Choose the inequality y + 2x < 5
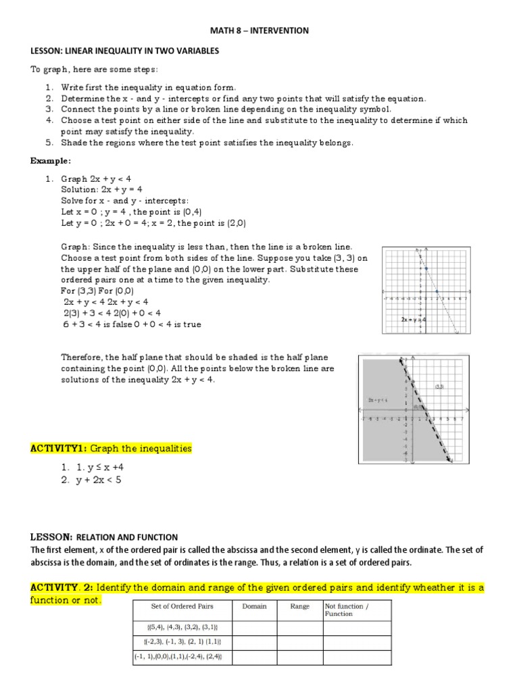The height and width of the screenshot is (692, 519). point(94,480)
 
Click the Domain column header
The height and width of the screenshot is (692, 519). point(254,606)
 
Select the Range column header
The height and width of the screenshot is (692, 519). point(299,606)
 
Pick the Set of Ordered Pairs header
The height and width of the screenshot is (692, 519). point(182,606)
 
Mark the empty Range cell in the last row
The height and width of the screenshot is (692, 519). point(299,657)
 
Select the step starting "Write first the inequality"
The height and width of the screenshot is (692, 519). point(149,87)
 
